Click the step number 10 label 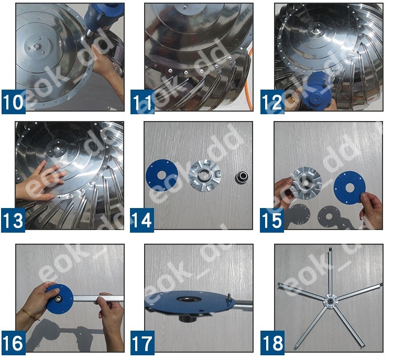[14, 102]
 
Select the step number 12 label [271, 102]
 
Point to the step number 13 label [14, 220]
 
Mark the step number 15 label [271, 220]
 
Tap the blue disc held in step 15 [352, 186]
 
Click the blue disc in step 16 [58, 297]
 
